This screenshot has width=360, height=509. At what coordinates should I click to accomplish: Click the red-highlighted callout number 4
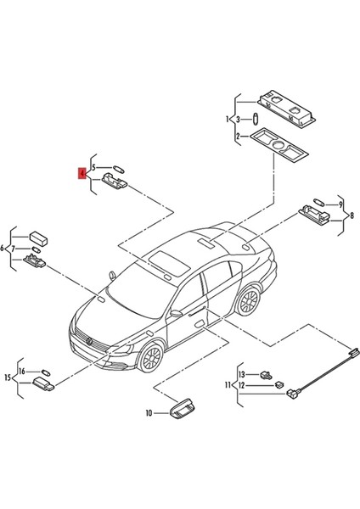pyautogui.click(x=82, y=174)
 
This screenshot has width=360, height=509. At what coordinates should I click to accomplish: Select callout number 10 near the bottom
pyautogui.click(x=148, y=414)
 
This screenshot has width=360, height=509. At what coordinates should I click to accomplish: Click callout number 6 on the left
pyautogui.click(x=5, y=248)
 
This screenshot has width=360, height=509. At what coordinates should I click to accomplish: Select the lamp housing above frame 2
pyautogui.click(x=285, y=104)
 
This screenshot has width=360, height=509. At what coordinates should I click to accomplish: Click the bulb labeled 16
pyautogui.click(x=46, y=371)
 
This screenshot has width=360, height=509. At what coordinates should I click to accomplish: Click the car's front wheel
pyautogui.click(x=150, y=358)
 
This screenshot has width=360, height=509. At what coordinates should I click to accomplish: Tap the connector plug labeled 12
pyautogui.click(x=278, y=384)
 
